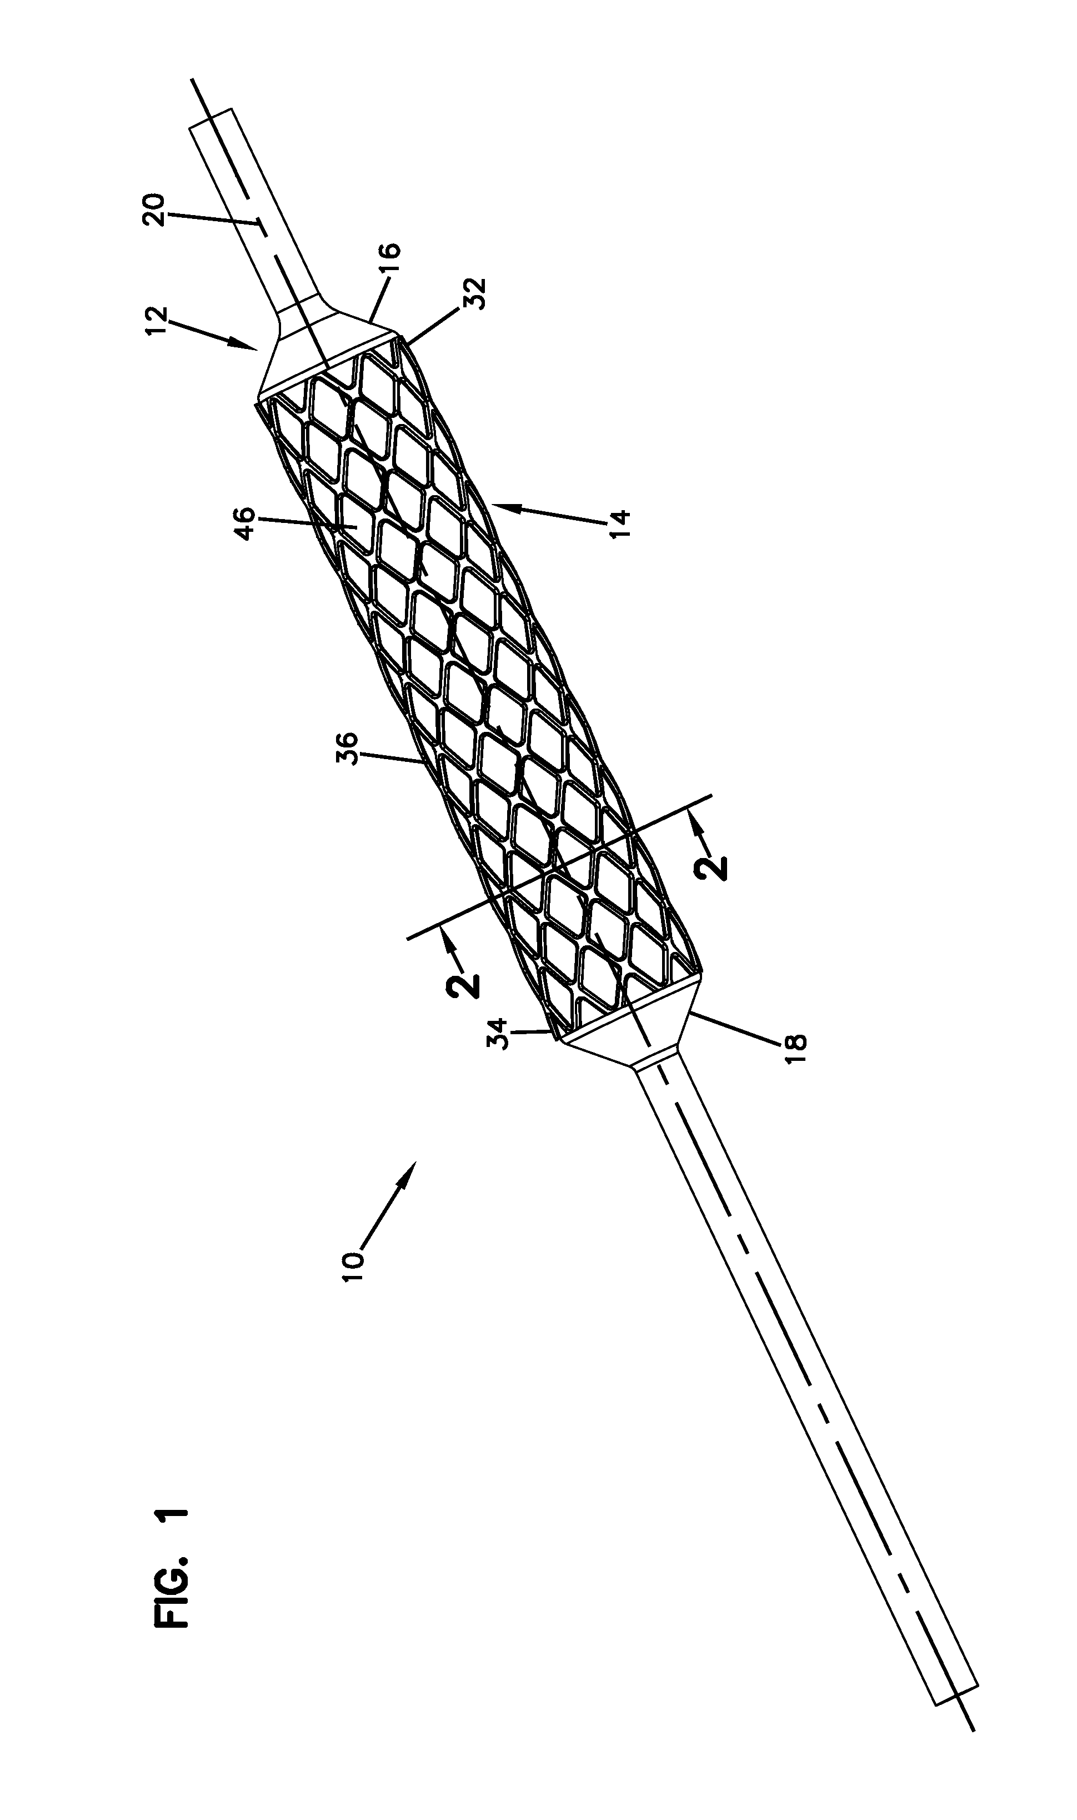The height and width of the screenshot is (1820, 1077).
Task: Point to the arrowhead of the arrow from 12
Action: tap(254, 349)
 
